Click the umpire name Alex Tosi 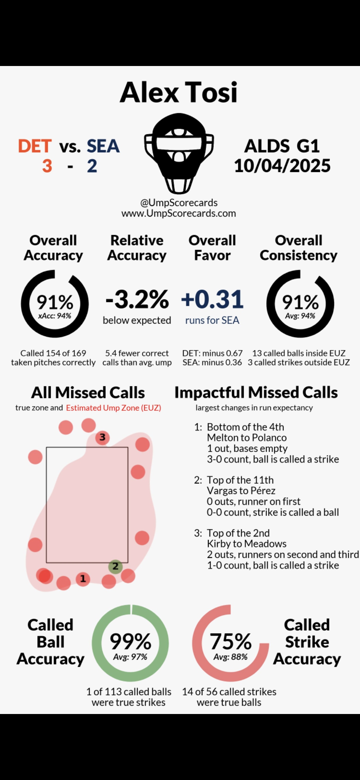(x=179, y=92)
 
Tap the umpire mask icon (x=179, y=153)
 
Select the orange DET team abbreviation (x=35, y=146)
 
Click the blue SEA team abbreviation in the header (x=103, y=146)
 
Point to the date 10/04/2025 (x=282, y=166)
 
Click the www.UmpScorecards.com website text (x=179, y=213)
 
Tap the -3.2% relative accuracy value (x=137, y=299)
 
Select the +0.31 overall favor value (x=212, y=299)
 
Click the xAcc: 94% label (x=55, y=316)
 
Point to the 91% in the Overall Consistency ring (x=300, y=302)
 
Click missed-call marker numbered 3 (x=102, y=437)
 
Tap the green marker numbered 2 (x=116, y=566)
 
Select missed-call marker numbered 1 (x=83, y=579)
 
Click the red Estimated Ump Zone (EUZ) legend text (x=113, y=408)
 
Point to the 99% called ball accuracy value (x=130, y=641)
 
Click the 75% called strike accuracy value (x=230, y=641)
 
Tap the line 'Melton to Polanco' (x=247, y=438)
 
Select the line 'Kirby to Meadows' (x=247, y=544)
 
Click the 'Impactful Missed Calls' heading (x=256, y=393)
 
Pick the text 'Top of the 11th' (x=240, y=480)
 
